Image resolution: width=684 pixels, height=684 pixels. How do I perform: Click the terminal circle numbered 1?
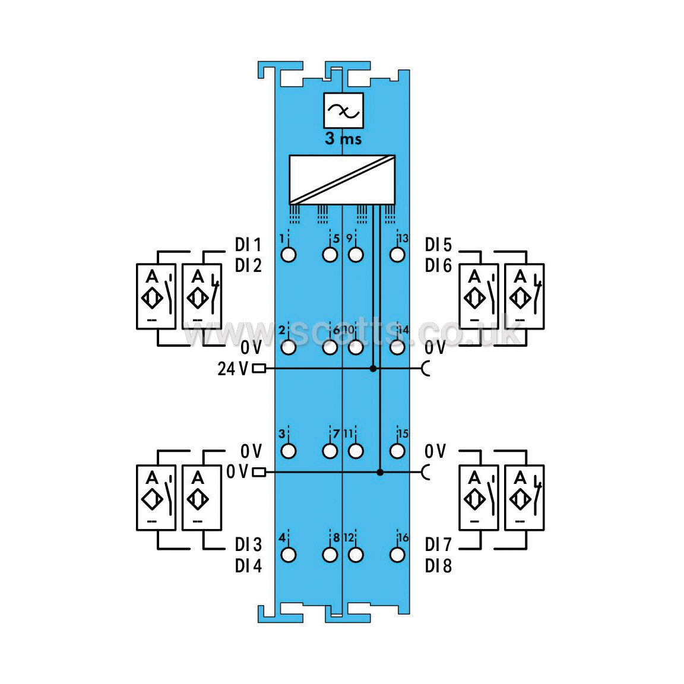(289, 255)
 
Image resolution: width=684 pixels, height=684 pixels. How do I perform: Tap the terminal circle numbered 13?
(397, 255)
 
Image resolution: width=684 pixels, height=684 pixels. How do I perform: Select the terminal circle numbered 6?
(330, 348)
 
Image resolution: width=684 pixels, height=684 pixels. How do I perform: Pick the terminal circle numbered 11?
(356, 451)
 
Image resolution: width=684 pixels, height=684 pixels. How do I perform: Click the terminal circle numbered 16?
(397, 555)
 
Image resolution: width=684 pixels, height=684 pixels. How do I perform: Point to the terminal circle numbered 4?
(289, 555)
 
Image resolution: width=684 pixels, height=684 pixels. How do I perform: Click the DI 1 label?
(248, 245)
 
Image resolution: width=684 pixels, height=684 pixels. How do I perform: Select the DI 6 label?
(438, 265)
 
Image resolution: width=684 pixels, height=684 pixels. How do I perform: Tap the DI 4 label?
(248, 566)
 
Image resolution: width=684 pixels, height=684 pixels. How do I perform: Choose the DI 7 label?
(438, 544)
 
